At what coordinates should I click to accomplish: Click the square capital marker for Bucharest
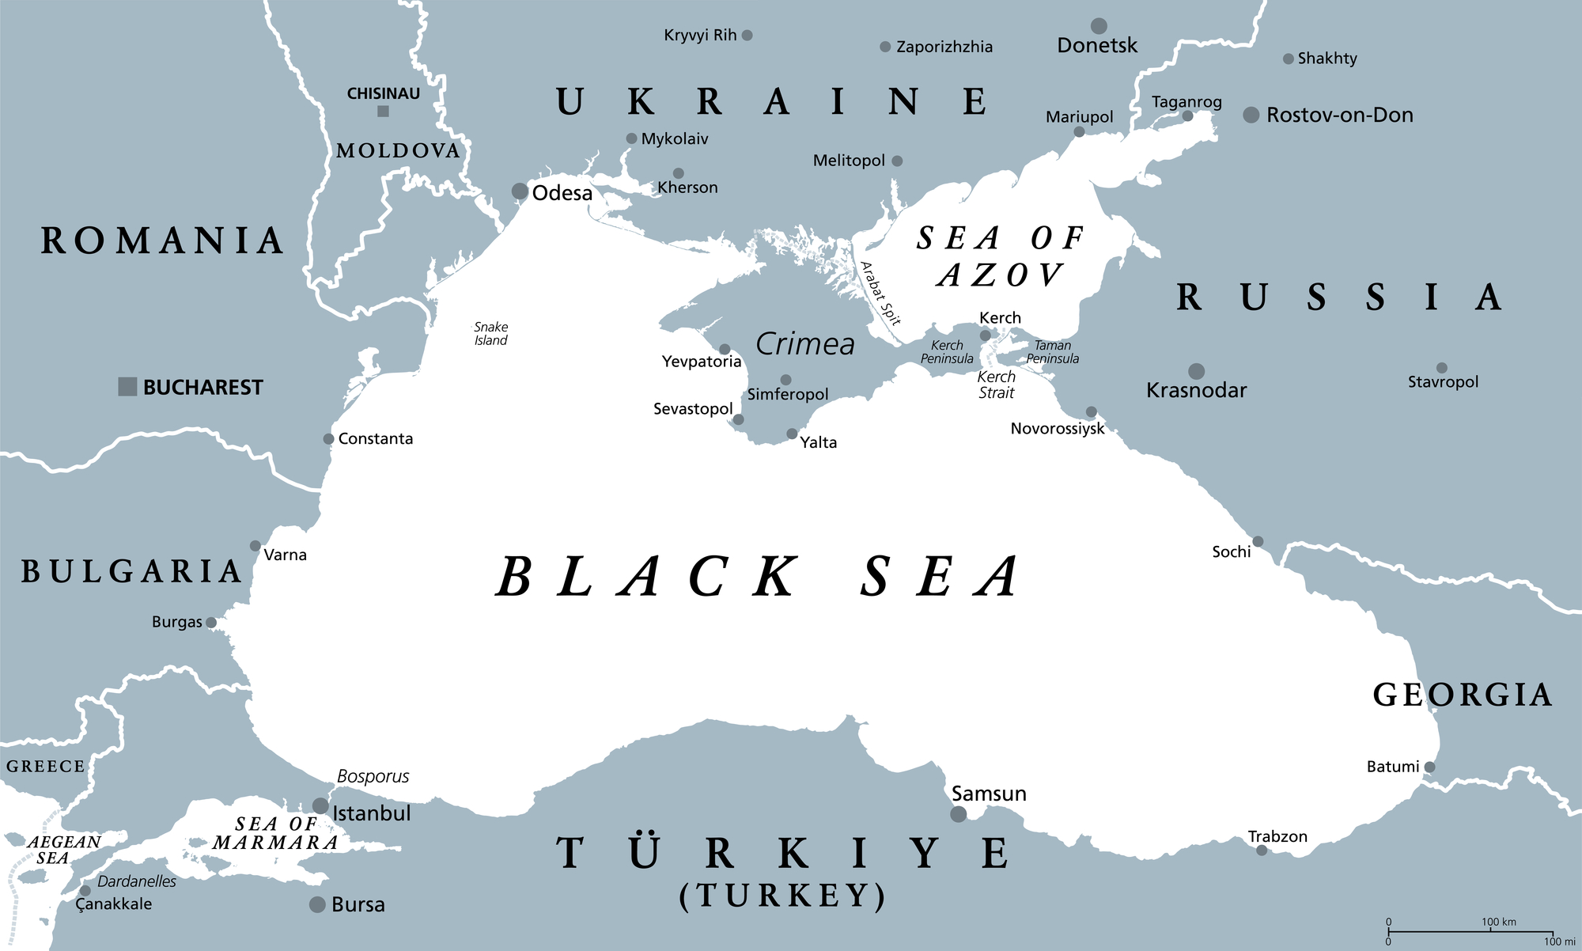click(x=127, y=387)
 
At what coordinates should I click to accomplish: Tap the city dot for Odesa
click(x=520, y=191)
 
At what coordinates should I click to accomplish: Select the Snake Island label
click(x=490, y=334)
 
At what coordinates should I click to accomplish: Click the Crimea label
click(x=805, y=344)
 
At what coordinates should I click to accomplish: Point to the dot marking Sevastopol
click(x=738, y=419)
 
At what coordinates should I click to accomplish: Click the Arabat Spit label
click(x=880, y=294)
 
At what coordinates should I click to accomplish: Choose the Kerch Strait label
click(x=996, y=385)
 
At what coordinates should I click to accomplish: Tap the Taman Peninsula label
click(x=1053, y=352)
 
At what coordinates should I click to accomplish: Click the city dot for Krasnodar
click(x=1197, y=371)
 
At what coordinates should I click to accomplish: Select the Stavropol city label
click(x=1443, y=382)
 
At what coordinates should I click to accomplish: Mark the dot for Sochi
click(x=1258, y=542)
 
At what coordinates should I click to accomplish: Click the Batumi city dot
click(x=1429, y=767)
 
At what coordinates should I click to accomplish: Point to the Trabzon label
click(x=1277, y=836)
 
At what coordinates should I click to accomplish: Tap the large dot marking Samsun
click(x=958, y=814)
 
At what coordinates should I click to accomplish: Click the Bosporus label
click(x=373, y=777)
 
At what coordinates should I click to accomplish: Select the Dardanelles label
click(x=137, y=881)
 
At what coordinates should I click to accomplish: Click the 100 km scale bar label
click(x=1499, y=923)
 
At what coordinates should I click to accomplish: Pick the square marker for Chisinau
click(x=383, y=112)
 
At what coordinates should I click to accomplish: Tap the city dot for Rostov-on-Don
click(x=1251, y=116)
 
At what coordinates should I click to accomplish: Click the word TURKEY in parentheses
click(x=782, y=896)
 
